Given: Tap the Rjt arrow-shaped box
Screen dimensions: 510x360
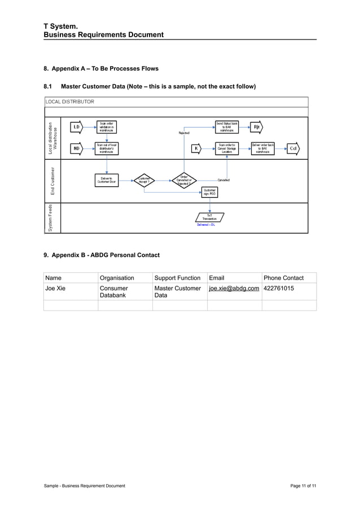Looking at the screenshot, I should coord(257,127).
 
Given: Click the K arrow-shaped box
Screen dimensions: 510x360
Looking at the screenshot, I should coord(196,149).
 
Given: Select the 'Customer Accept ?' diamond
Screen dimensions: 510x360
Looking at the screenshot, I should coord(143,180).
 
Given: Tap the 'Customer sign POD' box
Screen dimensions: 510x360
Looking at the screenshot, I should coord(210,193).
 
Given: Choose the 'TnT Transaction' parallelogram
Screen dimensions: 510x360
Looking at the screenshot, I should coord(210,217).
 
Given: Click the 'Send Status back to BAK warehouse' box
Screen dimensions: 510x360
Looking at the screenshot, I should coord(227,127).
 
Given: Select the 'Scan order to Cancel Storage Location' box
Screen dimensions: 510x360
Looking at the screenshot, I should coord(227,149).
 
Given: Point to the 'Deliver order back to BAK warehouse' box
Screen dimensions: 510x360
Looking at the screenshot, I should coord(263,149).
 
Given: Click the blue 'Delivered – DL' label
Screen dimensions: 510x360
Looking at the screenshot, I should coord(206,225).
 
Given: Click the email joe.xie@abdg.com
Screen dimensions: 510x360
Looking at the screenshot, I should coord(234,289).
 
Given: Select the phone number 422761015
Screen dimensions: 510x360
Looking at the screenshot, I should coord(278,289).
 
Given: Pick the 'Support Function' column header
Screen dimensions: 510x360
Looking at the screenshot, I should coord(177,278).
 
